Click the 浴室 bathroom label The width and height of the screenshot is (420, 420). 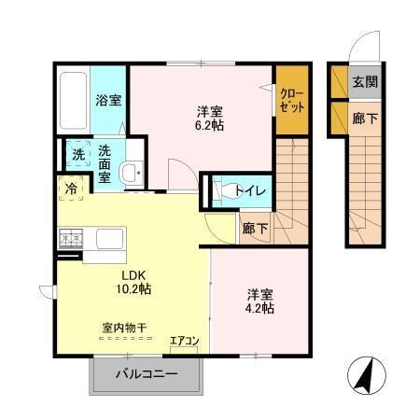coord(109,100)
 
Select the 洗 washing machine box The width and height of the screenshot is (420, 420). coord(78,153)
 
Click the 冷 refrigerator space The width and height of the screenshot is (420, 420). coord(71,189)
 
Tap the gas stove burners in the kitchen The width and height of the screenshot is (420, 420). coord(69,239)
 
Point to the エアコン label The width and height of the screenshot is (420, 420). coord(183,341)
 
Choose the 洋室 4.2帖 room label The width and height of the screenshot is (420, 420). coord(260,301)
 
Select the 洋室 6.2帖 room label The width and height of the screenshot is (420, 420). coord(208,117)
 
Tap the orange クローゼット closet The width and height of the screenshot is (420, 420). coord(291,100)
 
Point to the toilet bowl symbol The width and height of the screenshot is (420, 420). coord(224,190)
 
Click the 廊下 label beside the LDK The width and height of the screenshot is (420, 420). coord(255,229)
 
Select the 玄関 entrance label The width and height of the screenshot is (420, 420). coord(365,82)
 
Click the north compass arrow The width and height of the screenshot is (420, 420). coord(367,377)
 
